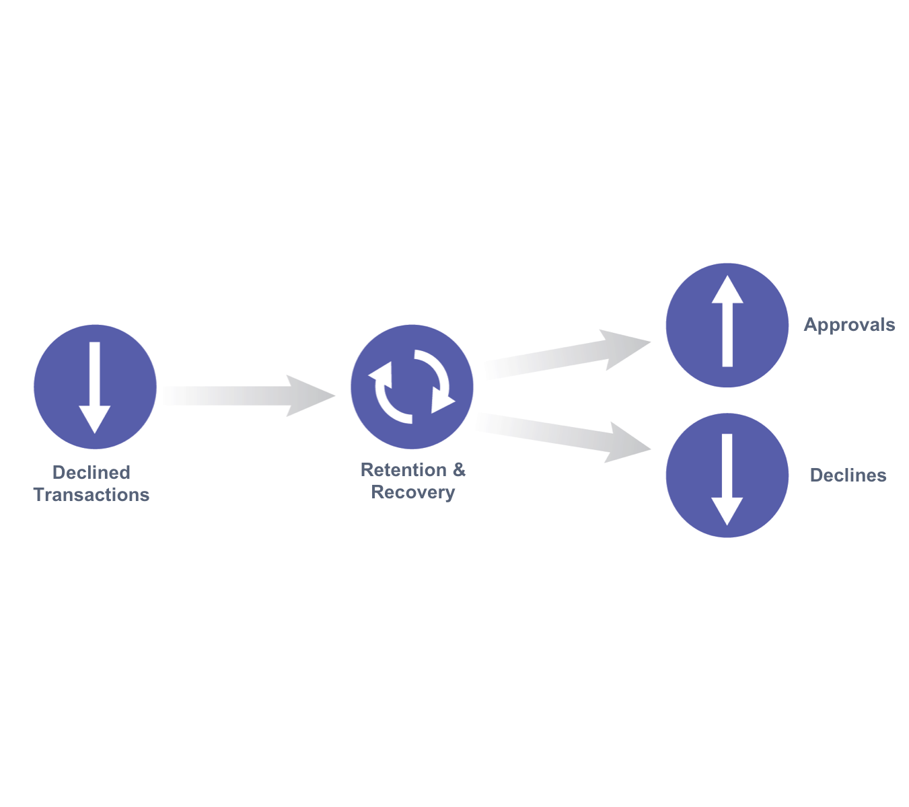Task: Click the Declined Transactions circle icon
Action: point(95,386)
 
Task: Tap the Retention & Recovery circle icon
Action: point(412,386)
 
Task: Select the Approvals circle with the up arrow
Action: point(727,325)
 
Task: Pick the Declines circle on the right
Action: point(727,475)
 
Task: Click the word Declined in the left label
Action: point(91,472)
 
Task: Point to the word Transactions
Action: point(91,495)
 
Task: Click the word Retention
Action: point(403,469)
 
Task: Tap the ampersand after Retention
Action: point(459,469)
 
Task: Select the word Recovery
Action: point(412,492)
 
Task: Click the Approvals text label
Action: point(849,324)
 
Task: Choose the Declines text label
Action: point(848,475)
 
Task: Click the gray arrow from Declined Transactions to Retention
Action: point(249,395)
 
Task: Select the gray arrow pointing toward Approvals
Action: point(568,354)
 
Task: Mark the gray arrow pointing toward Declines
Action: point(563,437)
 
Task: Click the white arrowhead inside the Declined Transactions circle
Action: point(95,419)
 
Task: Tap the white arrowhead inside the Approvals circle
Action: point(727,289)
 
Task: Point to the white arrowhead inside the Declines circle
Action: point(727,511)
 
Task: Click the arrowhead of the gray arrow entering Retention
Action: point(310,395)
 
